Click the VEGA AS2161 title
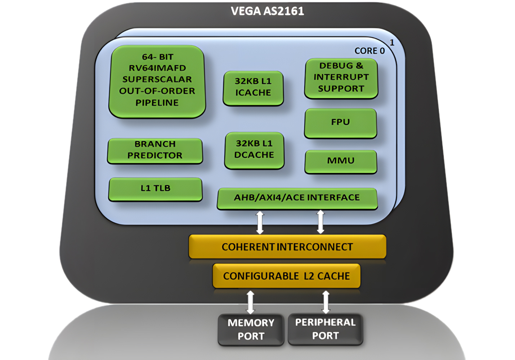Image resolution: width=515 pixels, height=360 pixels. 267,11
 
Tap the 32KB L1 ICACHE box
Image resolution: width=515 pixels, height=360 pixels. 253,87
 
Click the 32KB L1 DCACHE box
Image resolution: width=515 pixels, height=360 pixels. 254,150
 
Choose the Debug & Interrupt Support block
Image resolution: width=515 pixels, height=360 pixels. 341,78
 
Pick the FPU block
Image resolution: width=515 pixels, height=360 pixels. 340,123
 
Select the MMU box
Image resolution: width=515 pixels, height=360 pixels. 341,161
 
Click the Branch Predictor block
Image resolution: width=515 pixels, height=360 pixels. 155,150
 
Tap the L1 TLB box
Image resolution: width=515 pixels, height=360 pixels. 155,189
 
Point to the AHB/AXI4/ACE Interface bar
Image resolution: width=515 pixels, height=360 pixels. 297,198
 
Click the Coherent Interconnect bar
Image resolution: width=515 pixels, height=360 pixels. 287,247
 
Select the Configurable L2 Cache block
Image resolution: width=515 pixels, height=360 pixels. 286,276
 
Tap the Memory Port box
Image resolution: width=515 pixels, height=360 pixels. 251,329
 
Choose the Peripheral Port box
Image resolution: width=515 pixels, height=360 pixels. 325,329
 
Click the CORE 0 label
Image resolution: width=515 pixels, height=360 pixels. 370,51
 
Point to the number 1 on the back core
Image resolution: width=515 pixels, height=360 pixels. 392,42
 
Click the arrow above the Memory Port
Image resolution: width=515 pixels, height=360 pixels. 250,302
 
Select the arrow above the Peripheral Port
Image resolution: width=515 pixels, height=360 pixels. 326,302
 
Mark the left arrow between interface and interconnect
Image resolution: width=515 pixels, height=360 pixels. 260,222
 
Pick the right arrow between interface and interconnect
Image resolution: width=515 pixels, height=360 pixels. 320,222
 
